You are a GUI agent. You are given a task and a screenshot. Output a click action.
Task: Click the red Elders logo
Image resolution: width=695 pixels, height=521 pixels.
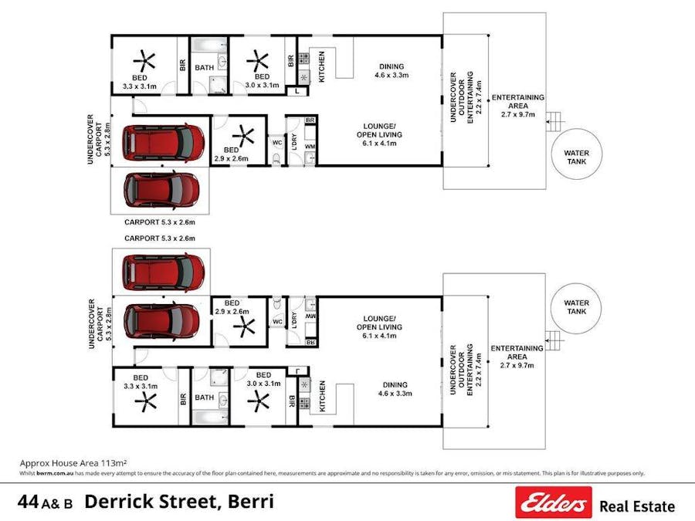(x=554, y=502)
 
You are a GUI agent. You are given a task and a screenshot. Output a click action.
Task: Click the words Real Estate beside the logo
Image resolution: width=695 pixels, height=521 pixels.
(x=637, y=506)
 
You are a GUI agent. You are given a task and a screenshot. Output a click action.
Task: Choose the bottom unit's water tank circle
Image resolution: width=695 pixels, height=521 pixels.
(x=576, y=307)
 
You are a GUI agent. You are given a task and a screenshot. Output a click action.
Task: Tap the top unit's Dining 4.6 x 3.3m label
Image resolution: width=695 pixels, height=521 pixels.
(x=391, y=70)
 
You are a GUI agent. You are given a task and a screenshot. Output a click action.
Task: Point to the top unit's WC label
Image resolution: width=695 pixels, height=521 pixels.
(x=276, y=142)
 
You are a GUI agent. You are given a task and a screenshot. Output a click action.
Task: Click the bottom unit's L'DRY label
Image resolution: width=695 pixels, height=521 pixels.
(x=294, y=320)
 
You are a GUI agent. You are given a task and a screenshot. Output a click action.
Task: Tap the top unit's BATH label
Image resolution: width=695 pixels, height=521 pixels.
(x=205, y=68)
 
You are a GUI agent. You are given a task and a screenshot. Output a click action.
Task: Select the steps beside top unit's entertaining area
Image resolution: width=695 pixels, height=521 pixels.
(x=552, y=121)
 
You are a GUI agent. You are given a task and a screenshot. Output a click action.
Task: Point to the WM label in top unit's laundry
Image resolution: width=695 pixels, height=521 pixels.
(x=310, y=147)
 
